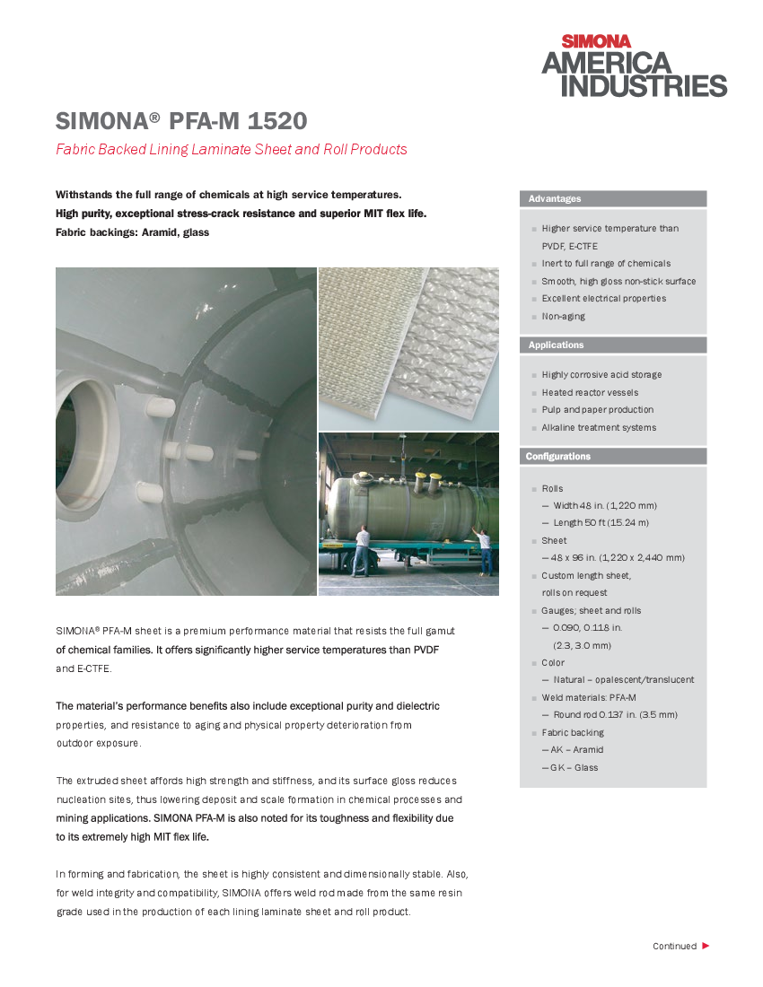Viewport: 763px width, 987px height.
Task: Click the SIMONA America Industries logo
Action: tap(634, 66)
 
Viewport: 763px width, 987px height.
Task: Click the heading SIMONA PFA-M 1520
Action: tap(181, 121)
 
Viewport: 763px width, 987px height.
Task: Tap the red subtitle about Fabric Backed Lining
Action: tap(232, 150)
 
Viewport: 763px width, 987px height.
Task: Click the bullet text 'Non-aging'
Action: tap(563, 317)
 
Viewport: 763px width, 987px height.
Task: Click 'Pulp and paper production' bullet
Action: tap(597, 410)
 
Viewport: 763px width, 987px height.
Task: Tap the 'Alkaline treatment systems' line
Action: tap(599, 428)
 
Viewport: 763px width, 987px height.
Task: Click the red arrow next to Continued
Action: tap(706, 946)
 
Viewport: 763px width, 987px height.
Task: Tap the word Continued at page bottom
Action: tap(674, 947)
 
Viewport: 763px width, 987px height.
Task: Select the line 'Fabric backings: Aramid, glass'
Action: tap(132, 232)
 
